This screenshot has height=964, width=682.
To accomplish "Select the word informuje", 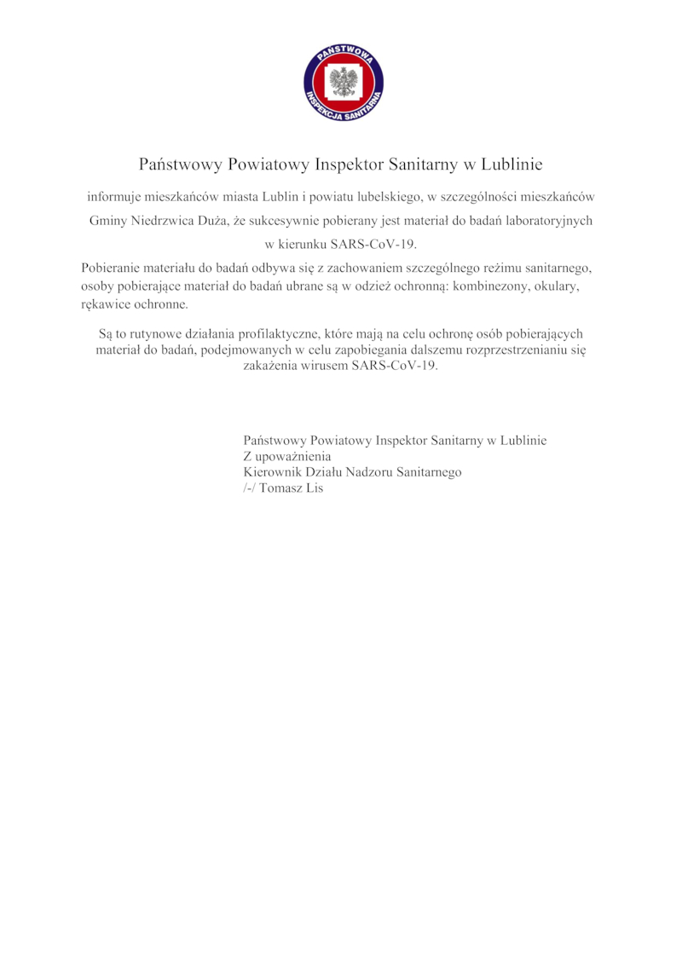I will [115, 196].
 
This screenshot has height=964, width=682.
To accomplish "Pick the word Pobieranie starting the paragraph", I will [118, 268].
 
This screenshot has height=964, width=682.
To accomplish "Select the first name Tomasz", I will [280, 488].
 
